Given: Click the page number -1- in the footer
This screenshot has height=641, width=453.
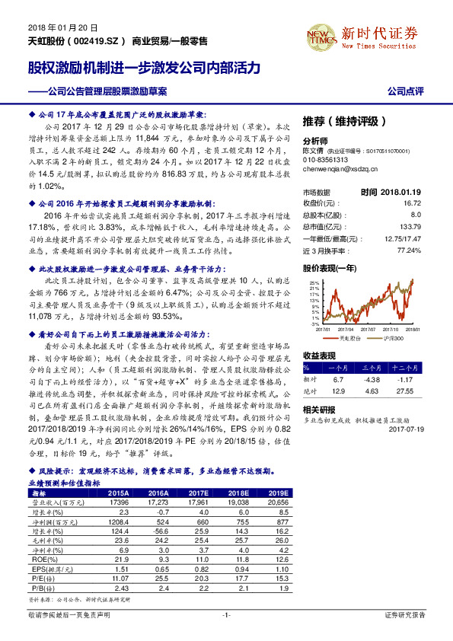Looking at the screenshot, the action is click(225, 614).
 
